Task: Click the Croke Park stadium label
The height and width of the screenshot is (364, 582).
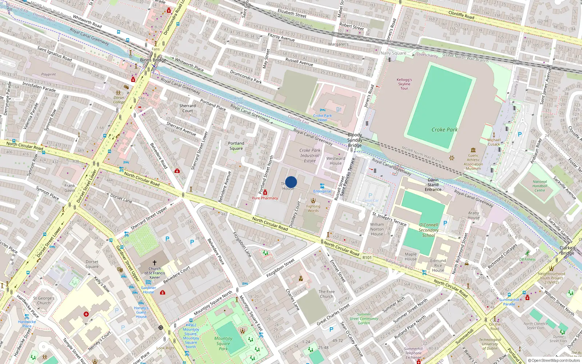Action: [444, 130]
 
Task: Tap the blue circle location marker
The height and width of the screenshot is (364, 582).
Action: [291, 182]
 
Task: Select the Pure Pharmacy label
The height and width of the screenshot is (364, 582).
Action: [265, 198]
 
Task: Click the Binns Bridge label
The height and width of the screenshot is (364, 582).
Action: [153, 60]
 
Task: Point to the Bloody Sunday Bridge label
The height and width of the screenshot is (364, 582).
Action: [355, 140]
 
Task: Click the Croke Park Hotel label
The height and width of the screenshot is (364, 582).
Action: [322, 118]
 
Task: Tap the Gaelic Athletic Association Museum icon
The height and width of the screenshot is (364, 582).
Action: [473, 150]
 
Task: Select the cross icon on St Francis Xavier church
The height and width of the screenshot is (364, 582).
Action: [155, 262]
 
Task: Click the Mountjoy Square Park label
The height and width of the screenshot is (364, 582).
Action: [223, 343]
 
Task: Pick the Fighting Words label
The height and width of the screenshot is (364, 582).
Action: [313, 208]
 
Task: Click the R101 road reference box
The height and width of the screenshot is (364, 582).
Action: [367, 258]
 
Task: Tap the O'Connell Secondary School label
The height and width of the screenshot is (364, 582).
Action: [428, 230]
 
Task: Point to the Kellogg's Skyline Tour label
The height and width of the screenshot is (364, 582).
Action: [404, 84]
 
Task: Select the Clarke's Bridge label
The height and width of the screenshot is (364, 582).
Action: [567, 250]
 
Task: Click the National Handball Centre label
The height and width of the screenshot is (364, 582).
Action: [540, 186]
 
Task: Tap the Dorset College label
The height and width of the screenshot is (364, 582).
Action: [119, 100]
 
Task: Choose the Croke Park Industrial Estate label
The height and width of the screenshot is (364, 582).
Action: [310, 155]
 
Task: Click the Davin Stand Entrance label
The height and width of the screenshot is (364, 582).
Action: [433, 185]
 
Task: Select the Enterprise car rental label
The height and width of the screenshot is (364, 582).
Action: [322, 191]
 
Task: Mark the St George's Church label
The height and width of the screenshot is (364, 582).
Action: [44, 300]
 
